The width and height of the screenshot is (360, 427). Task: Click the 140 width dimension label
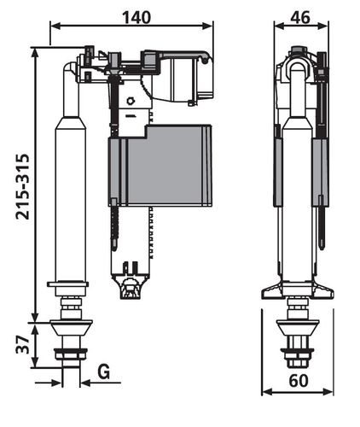136,18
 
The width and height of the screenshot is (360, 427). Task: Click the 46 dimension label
300,18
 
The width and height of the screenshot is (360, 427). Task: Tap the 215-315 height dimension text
23,187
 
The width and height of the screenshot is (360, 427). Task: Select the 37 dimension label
23,344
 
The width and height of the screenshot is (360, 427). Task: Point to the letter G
104,371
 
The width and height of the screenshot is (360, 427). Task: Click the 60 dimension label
299,381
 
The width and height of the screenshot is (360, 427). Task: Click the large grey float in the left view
160,165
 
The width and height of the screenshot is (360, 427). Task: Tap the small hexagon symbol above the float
131,101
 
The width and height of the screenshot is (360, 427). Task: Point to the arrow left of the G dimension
49,383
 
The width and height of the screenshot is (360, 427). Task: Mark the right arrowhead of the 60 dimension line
328,392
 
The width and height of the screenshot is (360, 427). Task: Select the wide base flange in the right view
298,290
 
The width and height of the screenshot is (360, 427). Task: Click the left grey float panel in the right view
278,173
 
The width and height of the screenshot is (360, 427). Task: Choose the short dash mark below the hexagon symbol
131,116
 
